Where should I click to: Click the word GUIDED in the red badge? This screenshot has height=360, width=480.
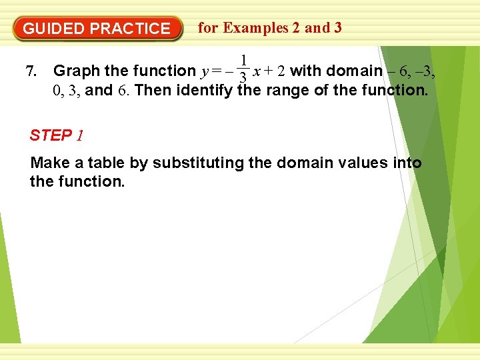tap(54, 29)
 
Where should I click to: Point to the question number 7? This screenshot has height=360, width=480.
tap(29, 71)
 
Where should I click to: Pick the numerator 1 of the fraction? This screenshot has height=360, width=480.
tap(245, 60)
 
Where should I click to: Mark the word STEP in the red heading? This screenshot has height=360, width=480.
tap(51, 136)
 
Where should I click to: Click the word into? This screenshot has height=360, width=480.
tap(407, 163)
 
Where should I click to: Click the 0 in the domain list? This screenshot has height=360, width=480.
tap(57, 90)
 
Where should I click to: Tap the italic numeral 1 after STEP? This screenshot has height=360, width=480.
tap(80, 136)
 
